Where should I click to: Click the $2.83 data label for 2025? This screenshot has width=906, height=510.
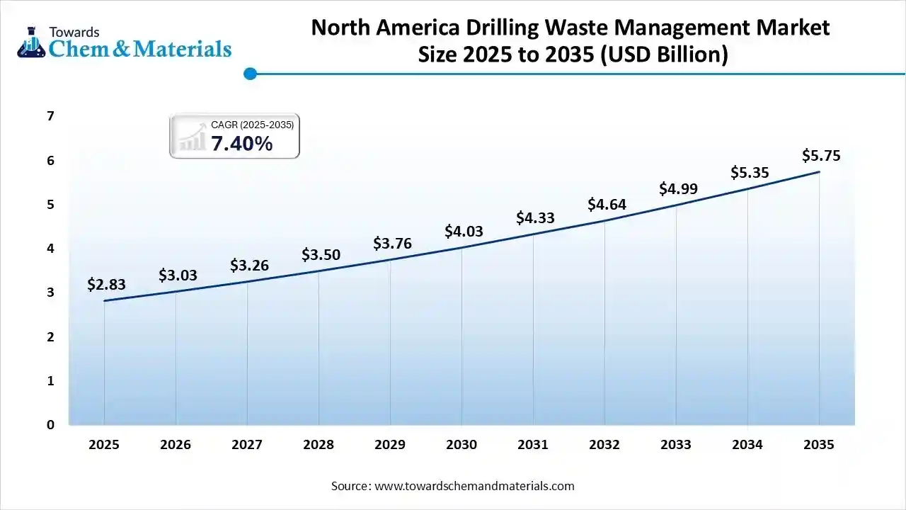tap(106, 285)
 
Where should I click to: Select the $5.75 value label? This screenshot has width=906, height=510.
tap(821, 156)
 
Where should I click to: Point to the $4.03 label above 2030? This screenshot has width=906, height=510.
tap(464, 232)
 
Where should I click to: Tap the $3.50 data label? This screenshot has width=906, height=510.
tap(321, 255)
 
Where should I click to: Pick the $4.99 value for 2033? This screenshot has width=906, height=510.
tap(678, 189)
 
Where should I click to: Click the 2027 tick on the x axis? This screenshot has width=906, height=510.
tap(247, 445)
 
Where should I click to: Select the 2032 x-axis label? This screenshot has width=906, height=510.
tap(604, 445)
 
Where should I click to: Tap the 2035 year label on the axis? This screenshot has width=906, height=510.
tap(819, 445)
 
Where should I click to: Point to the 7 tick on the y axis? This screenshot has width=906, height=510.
tap(50, 116)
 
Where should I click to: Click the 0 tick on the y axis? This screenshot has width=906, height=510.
tap(50, 425)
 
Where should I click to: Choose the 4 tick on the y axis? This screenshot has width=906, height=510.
tap(50, 249)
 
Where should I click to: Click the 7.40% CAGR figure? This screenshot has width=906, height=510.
tap(241, 144)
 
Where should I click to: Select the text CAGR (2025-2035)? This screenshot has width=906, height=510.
tap(252, 125)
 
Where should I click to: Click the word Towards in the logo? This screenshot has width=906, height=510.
tap(74, 32)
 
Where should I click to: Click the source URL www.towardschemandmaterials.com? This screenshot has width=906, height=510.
tap(474, 486)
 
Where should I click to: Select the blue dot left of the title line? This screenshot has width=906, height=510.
tap(249, 73)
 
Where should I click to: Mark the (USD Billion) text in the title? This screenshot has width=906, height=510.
tap(664, 55)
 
